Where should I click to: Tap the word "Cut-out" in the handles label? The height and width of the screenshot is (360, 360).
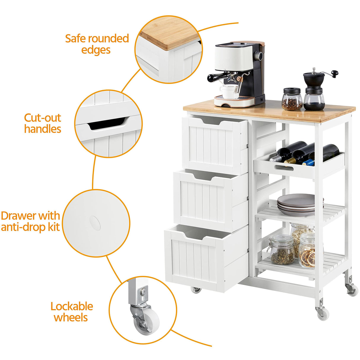tap(42, 118)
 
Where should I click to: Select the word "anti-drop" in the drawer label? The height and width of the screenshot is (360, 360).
tap(23, 227)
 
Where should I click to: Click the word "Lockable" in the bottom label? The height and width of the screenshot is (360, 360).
tap(71, 306)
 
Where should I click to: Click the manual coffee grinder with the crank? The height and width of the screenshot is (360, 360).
tap(315, 89)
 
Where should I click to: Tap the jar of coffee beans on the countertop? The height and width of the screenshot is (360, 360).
tap(292, 100)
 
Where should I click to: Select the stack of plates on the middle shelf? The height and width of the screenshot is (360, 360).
tap(296, 205)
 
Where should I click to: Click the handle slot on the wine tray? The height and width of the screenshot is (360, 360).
tap(284, 168)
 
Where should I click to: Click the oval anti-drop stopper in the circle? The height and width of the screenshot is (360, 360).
tap(95, 223)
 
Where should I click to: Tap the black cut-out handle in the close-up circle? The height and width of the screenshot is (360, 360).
tap(107, 123)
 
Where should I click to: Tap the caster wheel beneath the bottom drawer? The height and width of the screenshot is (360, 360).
tap(196, 289)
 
